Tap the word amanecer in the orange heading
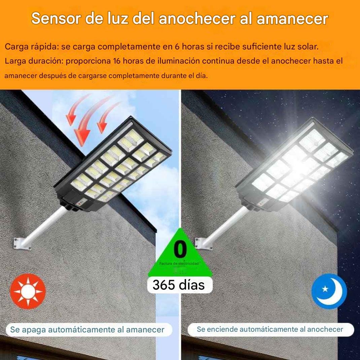point(292,19)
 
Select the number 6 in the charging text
point(177,47)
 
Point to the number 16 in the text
point(117,61)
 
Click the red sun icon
point(28,291)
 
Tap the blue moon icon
point(329,291)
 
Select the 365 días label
point(179,285)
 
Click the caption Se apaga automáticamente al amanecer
point(87,329)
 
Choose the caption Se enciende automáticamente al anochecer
point(270,329)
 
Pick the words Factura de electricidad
point(179,263)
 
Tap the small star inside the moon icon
point(325,289)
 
